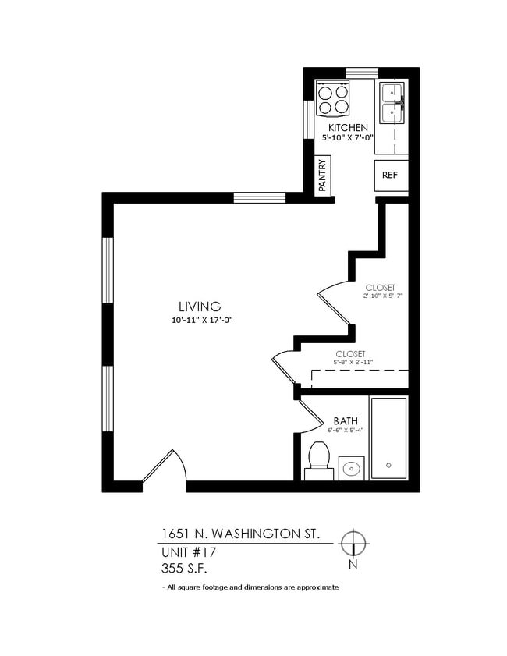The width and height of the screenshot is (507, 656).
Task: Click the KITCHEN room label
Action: click(x=348, y=127)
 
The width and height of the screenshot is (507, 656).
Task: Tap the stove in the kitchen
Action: click(x=333, y=99)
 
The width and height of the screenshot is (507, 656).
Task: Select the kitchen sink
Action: click(x=392, y=104)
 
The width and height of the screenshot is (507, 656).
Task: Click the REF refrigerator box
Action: click(x=390, y=176)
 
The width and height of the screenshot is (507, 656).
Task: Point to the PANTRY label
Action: click(x=322, y=176)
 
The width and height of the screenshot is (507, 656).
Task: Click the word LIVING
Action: click(x=200, y=307)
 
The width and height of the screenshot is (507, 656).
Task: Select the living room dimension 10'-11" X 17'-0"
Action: click(x=200, y=320)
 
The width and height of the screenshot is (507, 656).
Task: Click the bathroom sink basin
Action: click(x=352, y=469)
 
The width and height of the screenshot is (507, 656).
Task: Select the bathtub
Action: click(x=388, y=438)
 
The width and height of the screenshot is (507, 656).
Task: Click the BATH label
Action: click(x=346, y=421)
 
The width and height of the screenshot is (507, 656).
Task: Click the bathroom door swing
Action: click(x=311, y=416)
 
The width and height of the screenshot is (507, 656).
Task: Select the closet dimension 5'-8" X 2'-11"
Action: click(x=350, y=362)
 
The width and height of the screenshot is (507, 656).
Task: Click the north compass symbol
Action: click(x=353, y=541)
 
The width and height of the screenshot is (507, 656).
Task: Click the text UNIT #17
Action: click(x=188, y=552)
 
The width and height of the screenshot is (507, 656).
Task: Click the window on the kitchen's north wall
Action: click(x=362, y=73)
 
